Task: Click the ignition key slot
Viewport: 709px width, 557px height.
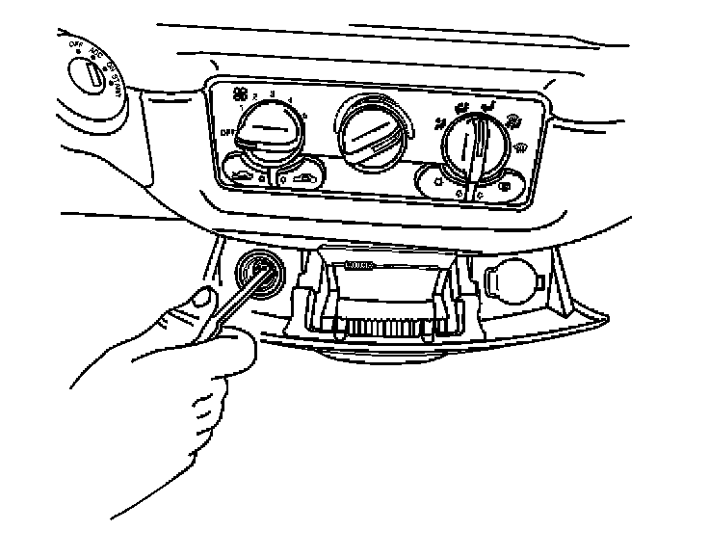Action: coord(87,72)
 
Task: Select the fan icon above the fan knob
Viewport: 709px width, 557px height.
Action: coord(240,93)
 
